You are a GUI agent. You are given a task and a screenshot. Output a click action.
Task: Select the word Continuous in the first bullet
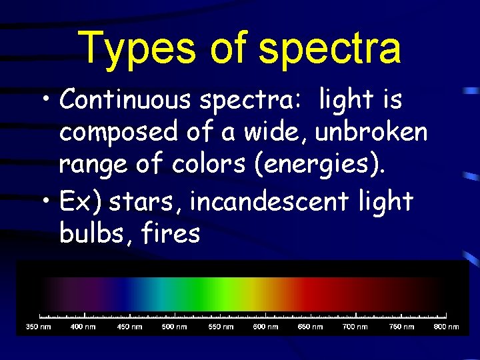tap(125, 100)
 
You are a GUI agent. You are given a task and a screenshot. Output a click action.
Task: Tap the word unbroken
tap(371, 132)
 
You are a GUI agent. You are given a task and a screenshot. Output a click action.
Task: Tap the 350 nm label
tap(39, 327)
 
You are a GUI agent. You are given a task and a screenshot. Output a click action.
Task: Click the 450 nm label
tap(129, 327)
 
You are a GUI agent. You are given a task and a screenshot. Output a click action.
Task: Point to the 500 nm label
tap(175, 327)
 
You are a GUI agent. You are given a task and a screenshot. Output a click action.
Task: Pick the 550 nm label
tap(220, 327)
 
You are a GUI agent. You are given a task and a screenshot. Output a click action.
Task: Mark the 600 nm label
tap(265, 327)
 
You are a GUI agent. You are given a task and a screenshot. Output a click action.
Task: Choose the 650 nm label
tap(310, 327)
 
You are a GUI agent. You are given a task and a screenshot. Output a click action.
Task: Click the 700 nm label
tap(355, 327)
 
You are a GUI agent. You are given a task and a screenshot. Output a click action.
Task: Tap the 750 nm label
tap(401, 327)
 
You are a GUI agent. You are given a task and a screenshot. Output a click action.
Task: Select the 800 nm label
tap(446, 327)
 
